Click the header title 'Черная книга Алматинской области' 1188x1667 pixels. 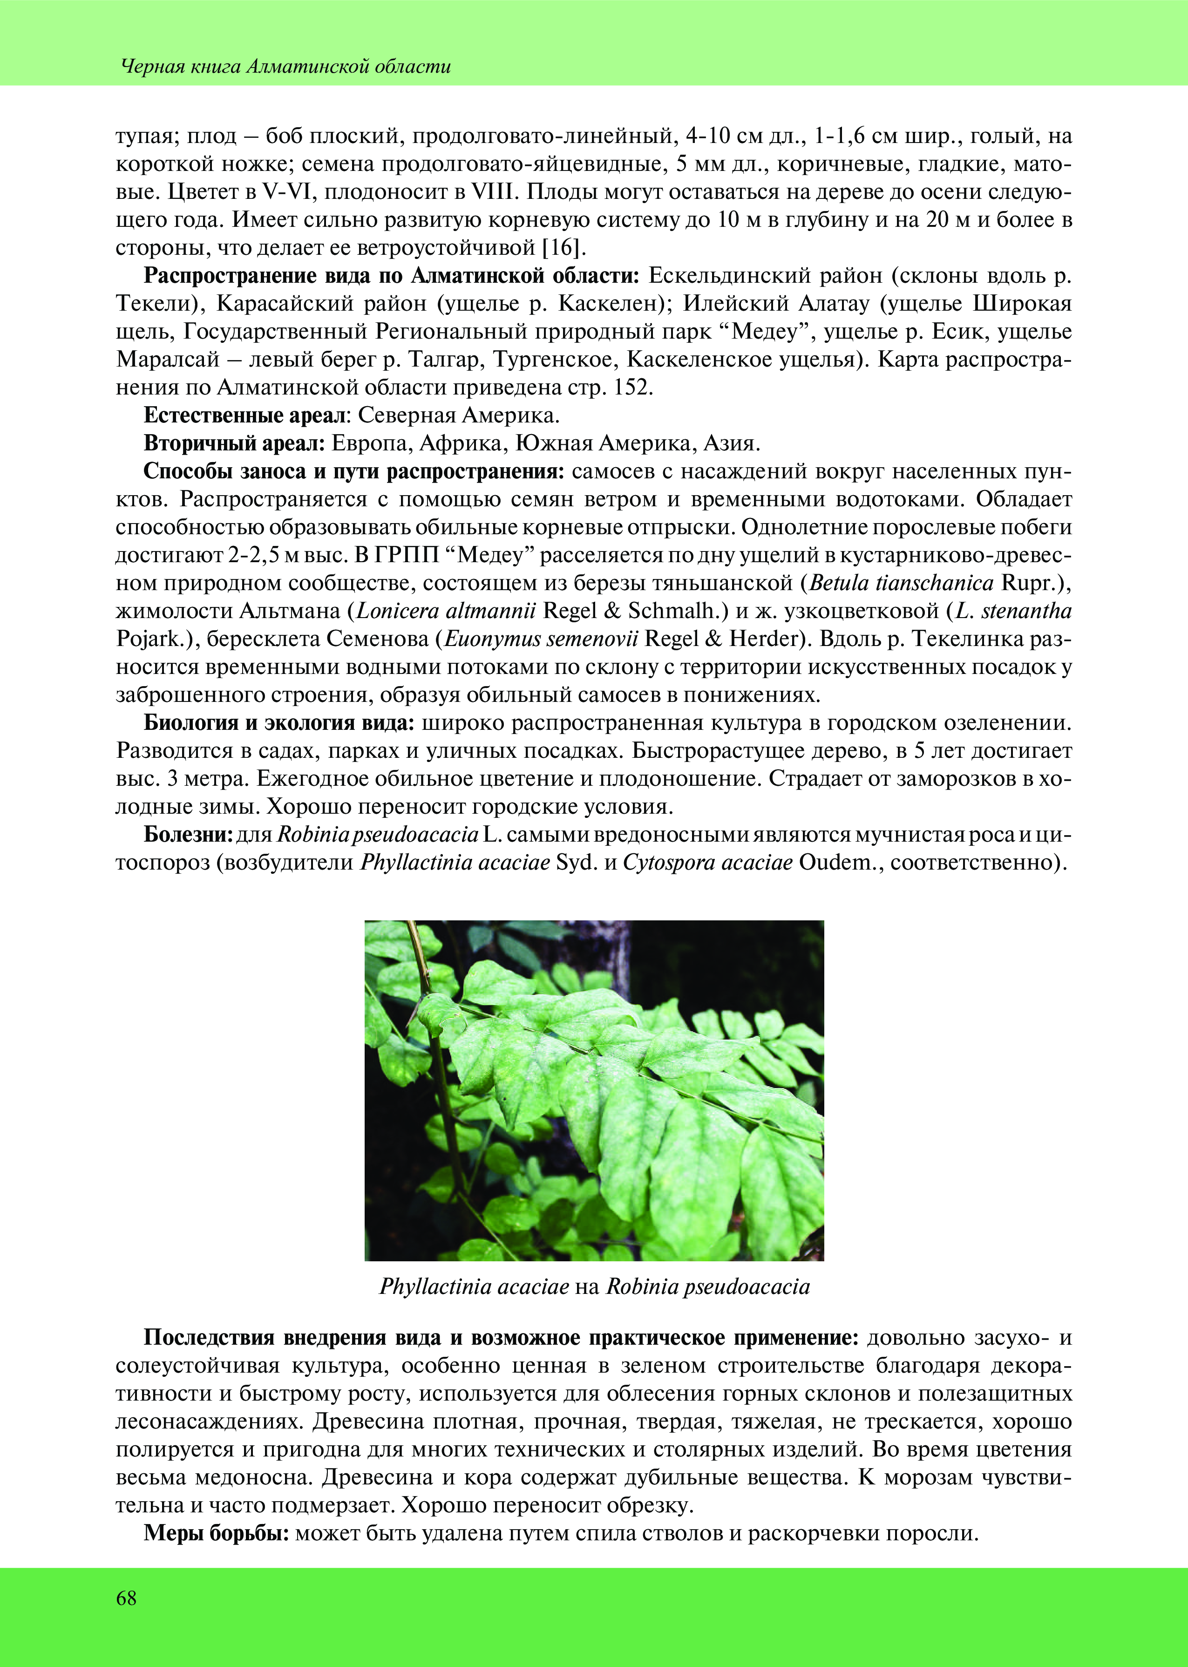(x=285, y=67)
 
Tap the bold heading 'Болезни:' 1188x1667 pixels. (x=188, y=835)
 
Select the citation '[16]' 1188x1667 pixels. (x=564, y=248)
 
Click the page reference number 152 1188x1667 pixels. (x=631, y=388)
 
